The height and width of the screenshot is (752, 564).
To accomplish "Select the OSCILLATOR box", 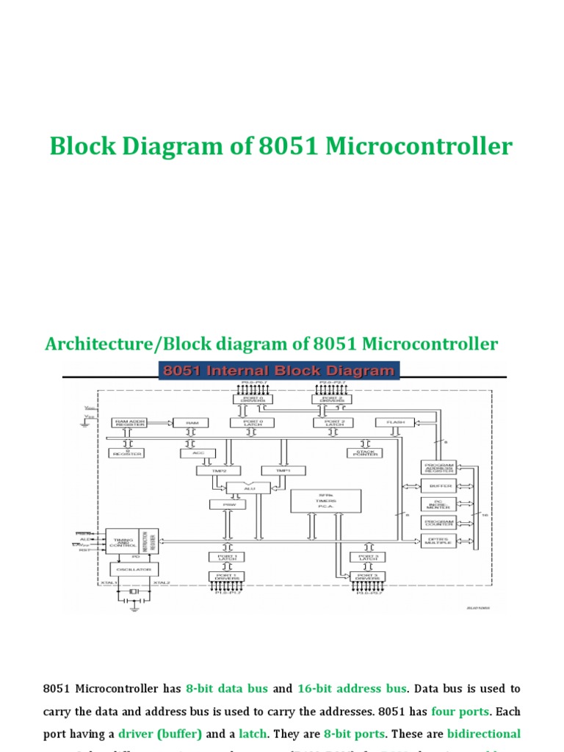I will click(134, 569).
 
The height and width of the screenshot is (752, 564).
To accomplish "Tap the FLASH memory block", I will click(395, 422).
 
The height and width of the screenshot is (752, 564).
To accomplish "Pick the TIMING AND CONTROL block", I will click(122, 540).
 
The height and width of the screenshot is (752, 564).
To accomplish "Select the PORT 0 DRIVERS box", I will click(253, 399).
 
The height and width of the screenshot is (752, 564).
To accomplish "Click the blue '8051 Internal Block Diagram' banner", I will click(279, 371).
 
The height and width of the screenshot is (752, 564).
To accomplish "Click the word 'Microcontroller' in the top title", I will click(419, 146).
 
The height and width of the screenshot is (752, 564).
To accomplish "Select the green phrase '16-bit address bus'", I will click(352, 689).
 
